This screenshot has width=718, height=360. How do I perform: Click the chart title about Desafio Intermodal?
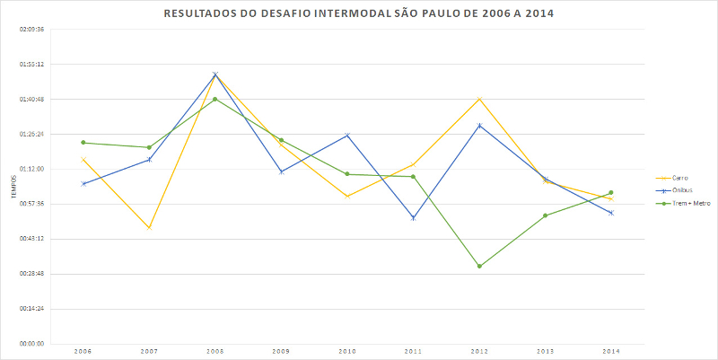point(359,15)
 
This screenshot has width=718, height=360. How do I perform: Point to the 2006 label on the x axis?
point(83,350)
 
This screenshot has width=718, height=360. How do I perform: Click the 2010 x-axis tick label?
point(347,350)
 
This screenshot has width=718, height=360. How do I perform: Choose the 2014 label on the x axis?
point(611,350)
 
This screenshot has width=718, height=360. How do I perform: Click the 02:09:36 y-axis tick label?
point(31,30)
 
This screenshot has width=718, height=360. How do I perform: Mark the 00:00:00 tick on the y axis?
point(31,343)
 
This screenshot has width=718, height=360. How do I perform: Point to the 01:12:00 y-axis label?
point(31,169)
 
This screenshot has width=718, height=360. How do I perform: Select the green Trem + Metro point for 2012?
point(479,266)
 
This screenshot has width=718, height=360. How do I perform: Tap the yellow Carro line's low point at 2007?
point(149,228)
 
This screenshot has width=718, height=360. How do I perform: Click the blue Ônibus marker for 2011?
point(414,218)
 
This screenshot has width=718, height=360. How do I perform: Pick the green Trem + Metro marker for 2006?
point(83,142)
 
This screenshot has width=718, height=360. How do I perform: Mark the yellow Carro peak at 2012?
point(479,98)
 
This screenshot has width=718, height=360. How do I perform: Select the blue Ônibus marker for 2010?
point(347,135)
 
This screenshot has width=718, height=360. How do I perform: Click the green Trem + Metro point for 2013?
point(546,215)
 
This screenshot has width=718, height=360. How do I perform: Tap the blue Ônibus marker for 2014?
point(611,213)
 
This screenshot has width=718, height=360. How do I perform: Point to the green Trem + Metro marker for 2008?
point(215,99)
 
